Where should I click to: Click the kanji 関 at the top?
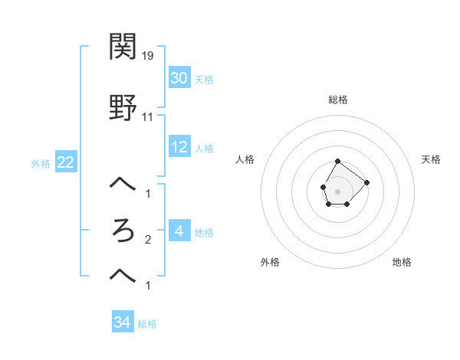(x=123, y=47)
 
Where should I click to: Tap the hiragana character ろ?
(x=123, y=231)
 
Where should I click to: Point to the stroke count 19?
(x=148, y=56)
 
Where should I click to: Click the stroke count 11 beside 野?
(x=148, y=117)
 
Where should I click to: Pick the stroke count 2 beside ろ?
(x=148, y=240)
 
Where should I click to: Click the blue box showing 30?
(x=179, y=78)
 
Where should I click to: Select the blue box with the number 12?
(x=179, y=147)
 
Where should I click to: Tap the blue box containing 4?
(x=179, y=231)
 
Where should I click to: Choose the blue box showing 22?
(x=65, y=162)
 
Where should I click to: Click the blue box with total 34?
(x=123, y=322)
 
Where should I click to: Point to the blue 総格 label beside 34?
(x=147, y=324)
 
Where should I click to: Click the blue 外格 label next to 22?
(x=41, y=164)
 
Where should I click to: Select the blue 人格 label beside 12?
(x=204, y=149)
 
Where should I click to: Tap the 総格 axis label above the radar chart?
(x=338, y=100)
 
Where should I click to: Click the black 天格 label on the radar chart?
(x=431, y=159)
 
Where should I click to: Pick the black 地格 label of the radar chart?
(x=402, y=262)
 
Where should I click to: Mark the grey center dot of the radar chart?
(x=337, y=190)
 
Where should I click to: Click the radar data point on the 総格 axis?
(x=337, y=162)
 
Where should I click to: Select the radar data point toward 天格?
(x=366, y=182)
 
